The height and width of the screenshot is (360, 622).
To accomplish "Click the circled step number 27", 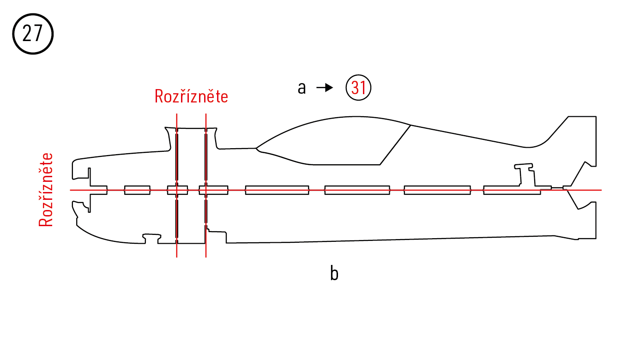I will point(33,34).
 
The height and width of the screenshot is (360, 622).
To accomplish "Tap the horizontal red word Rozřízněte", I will point(191,96).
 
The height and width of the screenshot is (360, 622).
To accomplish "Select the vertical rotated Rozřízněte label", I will point(46,190).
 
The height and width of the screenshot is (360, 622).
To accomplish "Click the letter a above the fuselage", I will point(302,88).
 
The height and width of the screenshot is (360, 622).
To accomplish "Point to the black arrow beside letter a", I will point(325,88).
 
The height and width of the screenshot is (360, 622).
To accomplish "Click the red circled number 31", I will point(359,88).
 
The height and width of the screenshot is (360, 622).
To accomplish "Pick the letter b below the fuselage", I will point(334,274).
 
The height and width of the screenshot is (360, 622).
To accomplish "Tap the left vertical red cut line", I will point(176,245).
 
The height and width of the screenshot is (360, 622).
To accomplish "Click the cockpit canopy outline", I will point(332,138).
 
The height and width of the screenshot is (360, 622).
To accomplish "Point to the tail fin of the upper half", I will point(577,138).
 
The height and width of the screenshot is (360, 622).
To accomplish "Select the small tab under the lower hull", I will point(152,238).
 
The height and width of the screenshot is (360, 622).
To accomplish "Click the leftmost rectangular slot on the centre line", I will point(137,190).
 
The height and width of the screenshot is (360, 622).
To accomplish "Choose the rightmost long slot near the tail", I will point(512,190).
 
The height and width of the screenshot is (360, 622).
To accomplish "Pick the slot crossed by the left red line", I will point(171,190).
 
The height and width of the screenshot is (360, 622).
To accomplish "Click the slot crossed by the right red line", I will point(217,190).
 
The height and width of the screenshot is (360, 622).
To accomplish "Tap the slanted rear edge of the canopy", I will point(395,144).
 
